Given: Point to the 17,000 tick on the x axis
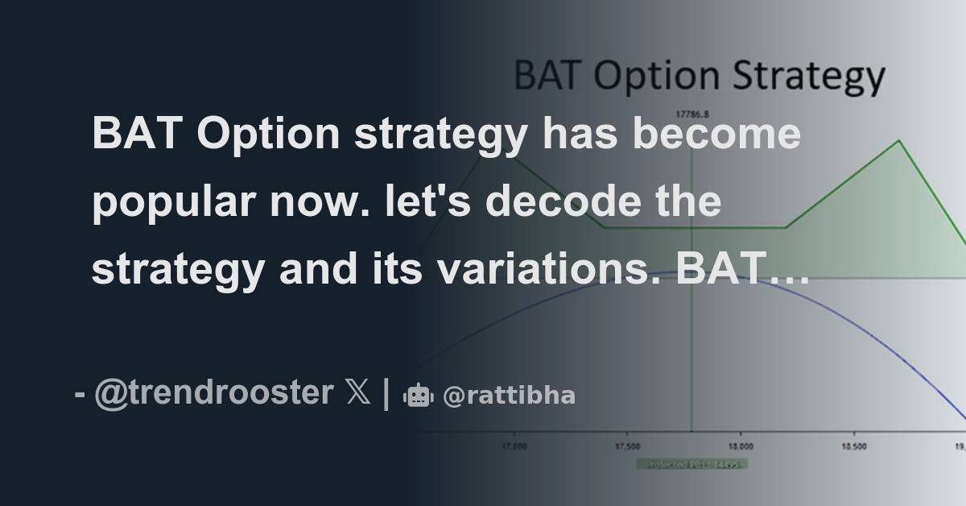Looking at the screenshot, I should point(514,446).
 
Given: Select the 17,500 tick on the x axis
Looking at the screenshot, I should point(627,446).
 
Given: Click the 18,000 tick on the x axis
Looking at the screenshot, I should point(741,446).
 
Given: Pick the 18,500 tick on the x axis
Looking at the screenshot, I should point(854,446).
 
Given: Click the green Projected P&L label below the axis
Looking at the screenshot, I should point(691,464).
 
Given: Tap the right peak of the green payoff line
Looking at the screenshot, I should point(898,142).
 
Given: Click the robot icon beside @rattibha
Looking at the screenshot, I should point(418,395).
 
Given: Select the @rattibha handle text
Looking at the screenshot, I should point(509,396).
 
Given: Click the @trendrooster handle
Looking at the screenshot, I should point(213,393).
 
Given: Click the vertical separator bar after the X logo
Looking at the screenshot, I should point(386,394).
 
